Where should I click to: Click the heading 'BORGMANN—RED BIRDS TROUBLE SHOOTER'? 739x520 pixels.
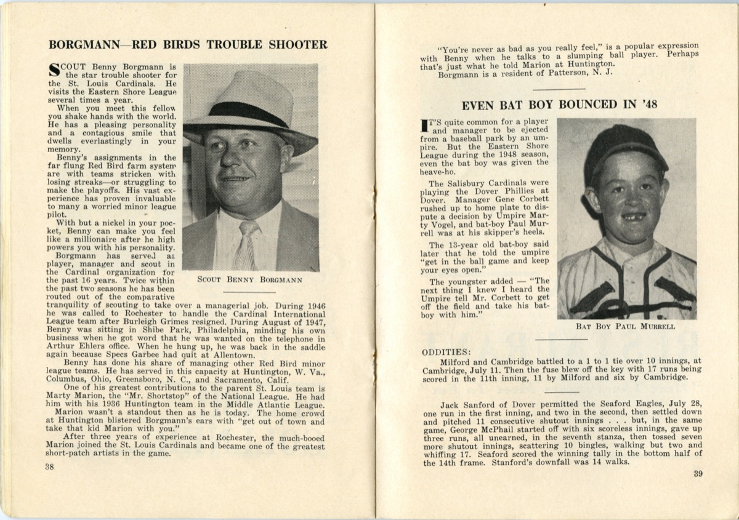click(x=188, y=44)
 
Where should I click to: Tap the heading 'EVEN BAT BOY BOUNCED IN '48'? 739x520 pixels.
click(x=559, y=104)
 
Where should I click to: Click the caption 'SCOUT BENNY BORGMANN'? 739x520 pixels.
click(x=250, y=279)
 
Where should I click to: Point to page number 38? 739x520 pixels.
click(x=49, y=466)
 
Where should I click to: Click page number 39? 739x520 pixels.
click(x=697, y=473)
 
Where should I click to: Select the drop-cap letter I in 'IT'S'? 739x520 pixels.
click(x=424, y=125)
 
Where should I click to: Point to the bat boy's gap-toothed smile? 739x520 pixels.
click(x=633, y=217)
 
